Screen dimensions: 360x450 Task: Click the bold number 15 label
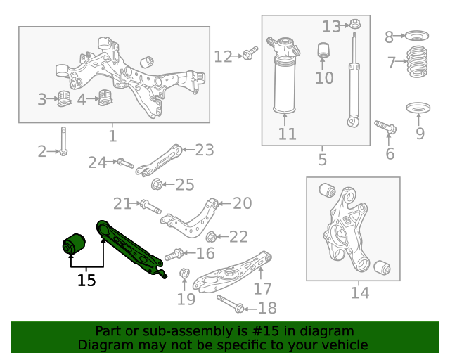(x=86, y=280)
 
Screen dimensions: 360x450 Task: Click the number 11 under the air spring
(x=287, y=134)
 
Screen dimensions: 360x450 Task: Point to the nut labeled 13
(x=355, y=26)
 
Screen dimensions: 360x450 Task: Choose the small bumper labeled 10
(x=324, y=51)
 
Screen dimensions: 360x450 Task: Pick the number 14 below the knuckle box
(x=359, y=292)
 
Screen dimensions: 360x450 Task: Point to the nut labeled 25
(x=157, y=185)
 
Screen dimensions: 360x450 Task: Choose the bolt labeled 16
(x=174, y=253)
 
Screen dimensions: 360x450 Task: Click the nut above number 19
(x=185, y=273)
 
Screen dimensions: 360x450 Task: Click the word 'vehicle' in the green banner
(x=342, y=345)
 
